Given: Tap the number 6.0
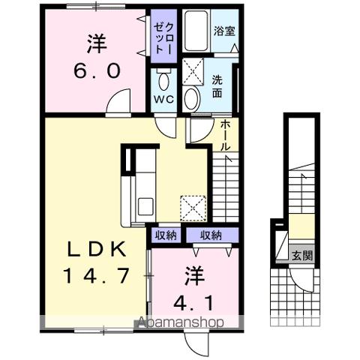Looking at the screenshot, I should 95,72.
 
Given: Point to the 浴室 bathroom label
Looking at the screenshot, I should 224,33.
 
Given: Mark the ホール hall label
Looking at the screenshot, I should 225,136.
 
